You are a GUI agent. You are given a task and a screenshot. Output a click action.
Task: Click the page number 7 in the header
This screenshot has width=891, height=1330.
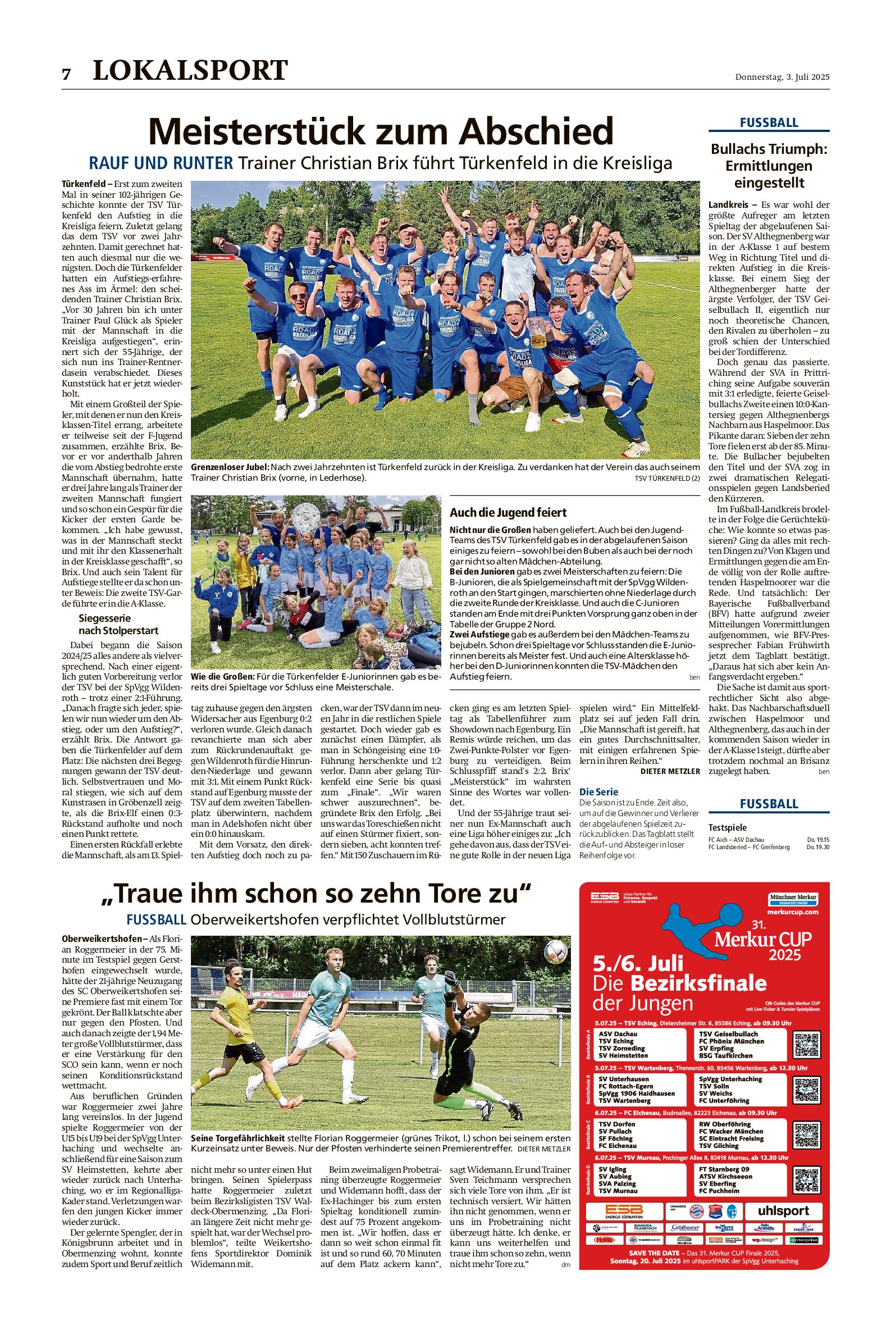click(66, 74)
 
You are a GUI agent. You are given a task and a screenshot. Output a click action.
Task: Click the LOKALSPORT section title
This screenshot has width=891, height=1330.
click(190, 70)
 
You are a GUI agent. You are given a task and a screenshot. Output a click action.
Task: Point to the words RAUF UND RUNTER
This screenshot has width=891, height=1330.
click(161, 163)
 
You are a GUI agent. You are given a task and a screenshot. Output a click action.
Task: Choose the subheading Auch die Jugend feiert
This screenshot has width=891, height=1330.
click(508, 512)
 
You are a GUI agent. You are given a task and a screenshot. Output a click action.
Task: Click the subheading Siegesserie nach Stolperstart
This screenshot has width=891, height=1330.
click(118, 624)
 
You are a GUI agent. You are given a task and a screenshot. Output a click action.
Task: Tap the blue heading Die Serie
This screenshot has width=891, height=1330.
click(598, 792)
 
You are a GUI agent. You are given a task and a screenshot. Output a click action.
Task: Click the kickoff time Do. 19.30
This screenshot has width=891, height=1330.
click(817, 847)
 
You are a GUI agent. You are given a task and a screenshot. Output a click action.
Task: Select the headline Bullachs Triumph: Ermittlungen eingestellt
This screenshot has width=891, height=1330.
click(769, 166)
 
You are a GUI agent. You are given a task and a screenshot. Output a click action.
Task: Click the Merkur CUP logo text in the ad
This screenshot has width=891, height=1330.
click(762, 940)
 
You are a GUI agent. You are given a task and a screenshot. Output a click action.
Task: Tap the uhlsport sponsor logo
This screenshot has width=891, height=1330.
click(783, 1211)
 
